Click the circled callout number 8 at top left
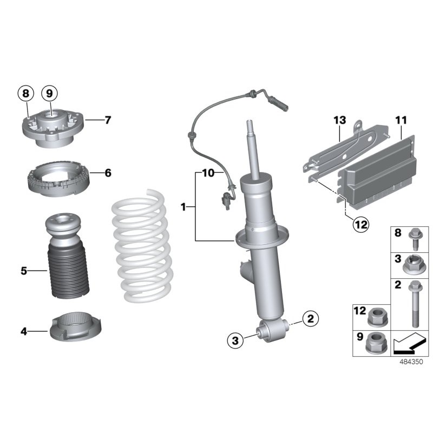(25, 94)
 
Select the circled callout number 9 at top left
(49, 94)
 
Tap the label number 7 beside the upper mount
(108, 120)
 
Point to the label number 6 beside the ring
(108, 173)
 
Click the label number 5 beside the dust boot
(24, 271)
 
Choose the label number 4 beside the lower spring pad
(24, 330)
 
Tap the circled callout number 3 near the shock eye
(235, 340)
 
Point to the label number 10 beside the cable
(209, 173)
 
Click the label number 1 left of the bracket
(183, 207)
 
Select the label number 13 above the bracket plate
(339, 120)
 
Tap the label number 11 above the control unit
(401, 120)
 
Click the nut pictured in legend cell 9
(374, 343)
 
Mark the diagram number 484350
(409, 362)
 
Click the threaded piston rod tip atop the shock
(251, 128)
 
